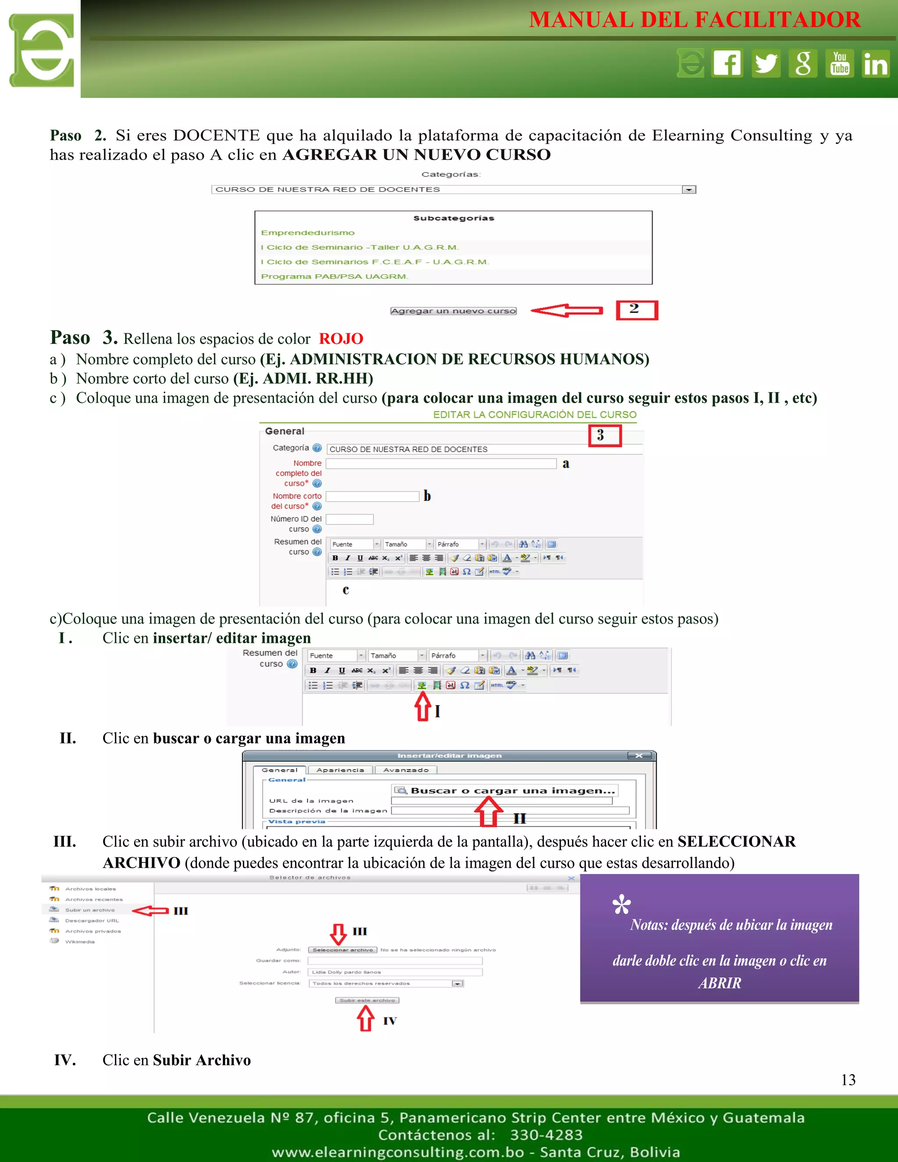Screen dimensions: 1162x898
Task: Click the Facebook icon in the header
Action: tap(727, 63)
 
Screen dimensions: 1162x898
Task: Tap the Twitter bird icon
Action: tap(766, 63)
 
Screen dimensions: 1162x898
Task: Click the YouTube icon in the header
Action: tap(840, 63)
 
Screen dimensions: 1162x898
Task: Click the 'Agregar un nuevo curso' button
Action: tap(453, 311)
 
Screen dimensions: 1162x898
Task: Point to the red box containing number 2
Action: tap(637, 310)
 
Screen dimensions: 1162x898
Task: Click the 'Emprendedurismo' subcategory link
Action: tap(307, 233)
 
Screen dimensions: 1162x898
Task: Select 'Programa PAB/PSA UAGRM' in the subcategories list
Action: tap(334, 277)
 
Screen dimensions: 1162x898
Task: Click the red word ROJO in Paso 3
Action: tap(341, 339)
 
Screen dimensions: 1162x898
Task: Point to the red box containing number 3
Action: tap(605, 436)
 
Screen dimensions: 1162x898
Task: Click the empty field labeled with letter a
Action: tap(441, 464)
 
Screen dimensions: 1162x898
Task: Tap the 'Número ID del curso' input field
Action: tap(349, 519)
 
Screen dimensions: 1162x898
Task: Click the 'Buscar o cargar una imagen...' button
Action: tap(506, 791)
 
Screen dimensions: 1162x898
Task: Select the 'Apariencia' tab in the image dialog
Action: tap(340, 770)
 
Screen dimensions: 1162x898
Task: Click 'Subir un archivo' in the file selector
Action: tap(89, 910)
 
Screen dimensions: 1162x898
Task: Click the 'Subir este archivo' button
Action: tap(367, 1000)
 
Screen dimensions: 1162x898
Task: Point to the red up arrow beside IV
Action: tap(366, 1019)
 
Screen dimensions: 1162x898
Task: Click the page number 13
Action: tap(848, 1080)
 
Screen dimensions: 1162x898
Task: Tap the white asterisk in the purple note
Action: tap(621, 905)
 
